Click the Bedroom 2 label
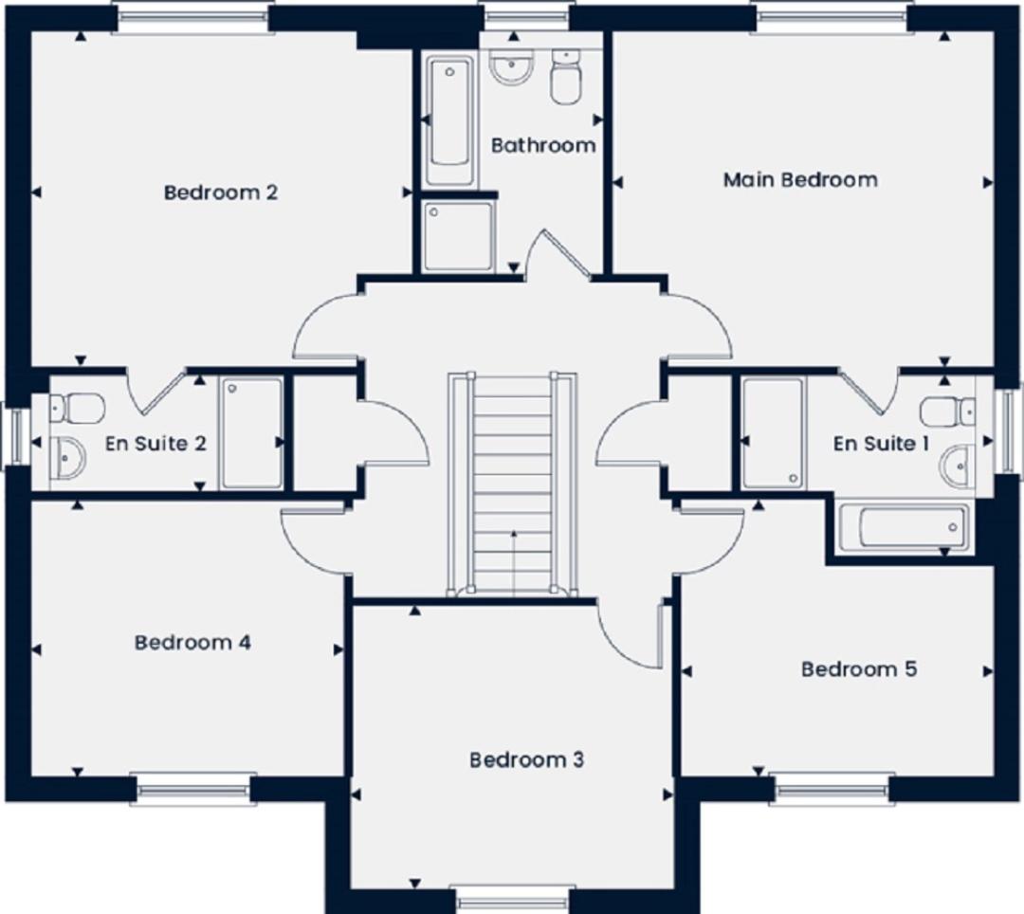pos(221,192)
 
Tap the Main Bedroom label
pos(800,179)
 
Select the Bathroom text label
pos(543,145)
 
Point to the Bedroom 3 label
pos(526,759)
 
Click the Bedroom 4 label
pos(192,643)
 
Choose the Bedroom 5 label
pos(859,669)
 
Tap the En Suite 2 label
pos(155,444)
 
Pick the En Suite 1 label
pos(881,444)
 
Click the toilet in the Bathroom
pos(565,77)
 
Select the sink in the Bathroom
pos(512,67)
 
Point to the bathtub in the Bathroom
pos(450,120)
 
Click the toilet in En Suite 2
pos(77,408)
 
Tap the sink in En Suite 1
pos(958,466)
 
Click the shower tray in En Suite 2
pos(251,433)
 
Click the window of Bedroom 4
pos(193,788)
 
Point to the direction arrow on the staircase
pos(514,563)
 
